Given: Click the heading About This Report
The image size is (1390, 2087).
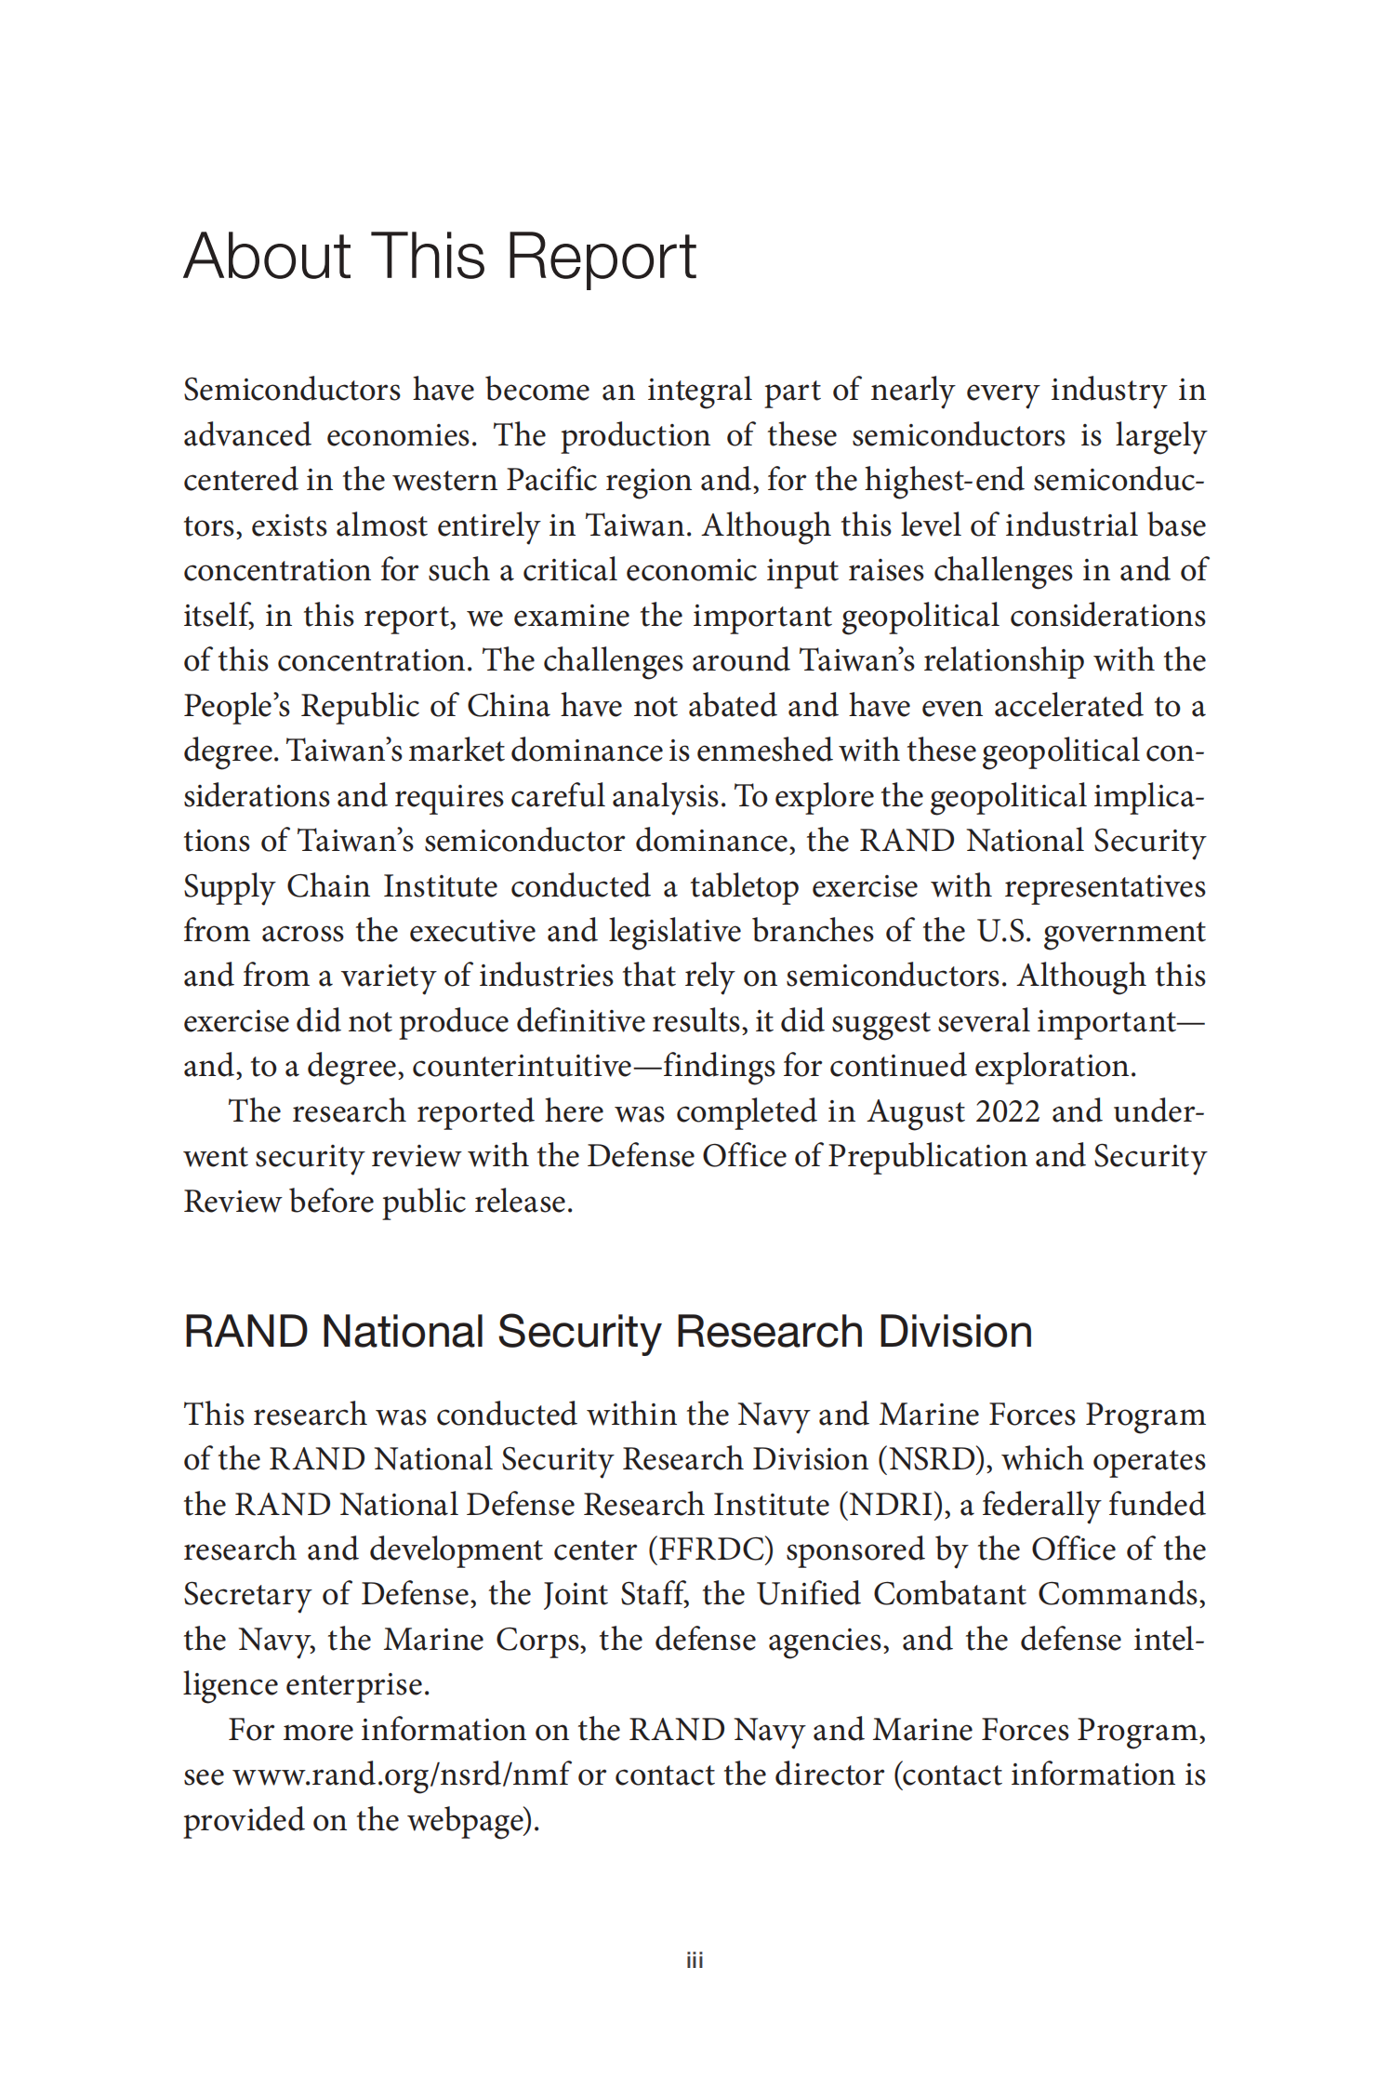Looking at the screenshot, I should (440, 256).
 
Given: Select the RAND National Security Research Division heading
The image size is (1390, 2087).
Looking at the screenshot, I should (607, 1331).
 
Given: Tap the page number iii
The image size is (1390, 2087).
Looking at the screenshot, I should (695, 1961).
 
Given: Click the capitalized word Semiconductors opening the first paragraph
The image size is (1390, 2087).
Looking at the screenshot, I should (292, 389).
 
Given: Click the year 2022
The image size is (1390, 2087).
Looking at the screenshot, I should (1000, 1110).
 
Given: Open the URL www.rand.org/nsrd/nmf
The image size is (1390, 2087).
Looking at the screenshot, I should (401, 1775).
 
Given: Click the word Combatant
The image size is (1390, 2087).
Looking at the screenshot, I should (948, 1594).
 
